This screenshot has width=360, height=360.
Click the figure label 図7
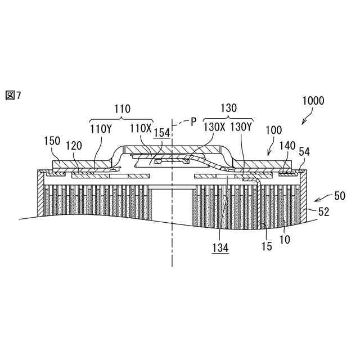pos(13,96)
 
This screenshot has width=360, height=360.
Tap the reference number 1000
pos(313,101)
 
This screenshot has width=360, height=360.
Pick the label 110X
pos(141,128)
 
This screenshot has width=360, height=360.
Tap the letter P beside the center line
pos(193,121)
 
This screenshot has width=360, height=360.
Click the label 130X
pos(214,128)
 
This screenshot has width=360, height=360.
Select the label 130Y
pos(242,128)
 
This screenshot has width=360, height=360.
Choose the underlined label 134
pos(221,248)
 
